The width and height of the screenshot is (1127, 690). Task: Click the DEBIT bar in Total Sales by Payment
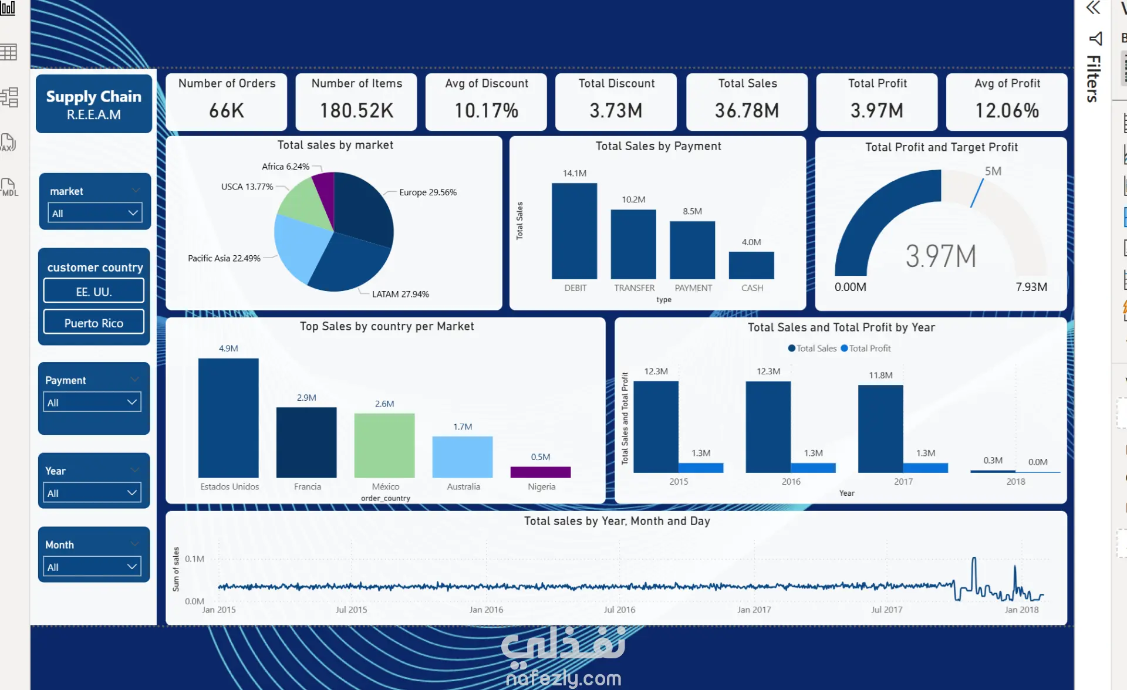point(574,231)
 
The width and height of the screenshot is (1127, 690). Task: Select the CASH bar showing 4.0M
point(751,265)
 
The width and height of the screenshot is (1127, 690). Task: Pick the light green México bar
point(384,445)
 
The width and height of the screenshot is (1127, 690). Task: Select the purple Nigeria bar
point(541,472)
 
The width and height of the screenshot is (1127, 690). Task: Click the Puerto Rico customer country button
point(94,322)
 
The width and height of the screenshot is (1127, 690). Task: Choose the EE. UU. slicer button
point(94,291)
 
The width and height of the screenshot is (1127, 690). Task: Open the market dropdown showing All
point(95,213)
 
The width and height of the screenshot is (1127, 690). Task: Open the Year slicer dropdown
point(93,493)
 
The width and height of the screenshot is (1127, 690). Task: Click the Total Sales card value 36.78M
point(747,110)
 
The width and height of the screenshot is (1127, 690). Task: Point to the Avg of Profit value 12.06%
point(1007,110)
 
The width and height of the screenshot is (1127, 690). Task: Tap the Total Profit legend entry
point(866,348)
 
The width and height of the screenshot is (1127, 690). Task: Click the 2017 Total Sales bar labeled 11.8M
point(880,428)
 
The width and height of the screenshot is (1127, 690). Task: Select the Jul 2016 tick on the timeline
point(619,610)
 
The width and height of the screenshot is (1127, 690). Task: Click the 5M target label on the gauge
point(993,171)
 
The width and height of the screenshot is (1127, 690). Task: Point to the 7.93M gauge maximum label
point(1031,287)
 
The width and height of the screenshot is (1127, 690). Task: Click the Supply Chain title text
point(94,96)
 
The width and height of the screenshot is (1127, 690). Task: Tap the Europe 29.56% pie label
point(428,192)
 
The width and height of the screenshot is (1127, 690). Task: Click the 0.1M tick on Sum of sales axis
point(194,559)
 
